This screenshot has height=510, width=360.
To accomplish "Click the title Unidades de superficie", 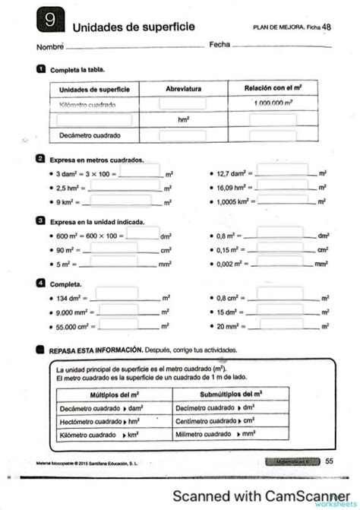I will (134, 27).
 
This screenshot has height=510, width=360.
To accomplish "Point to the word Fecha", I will (219, 45).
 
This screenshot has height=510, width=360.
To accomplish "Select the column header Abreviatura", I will (183, 89).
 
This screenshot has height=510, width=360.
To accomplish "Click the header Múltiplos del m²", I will (114, 394).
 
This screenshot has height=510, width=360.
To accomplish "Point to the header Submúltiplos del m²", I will (231, 394).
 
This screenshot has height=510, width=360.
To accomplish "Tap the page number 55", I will (329, 461).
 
